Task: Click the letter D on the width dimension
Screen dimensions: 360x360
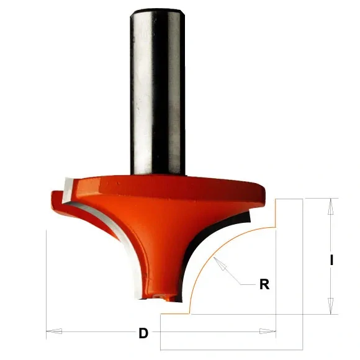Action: pos(144,333)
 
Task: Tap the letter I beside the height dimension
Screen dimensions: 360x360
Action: pos(332,261)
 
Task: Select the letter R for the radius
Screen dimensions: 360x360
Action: pos(264,285)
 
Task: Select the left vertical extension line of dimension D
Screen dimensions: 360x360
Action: pos(47,279)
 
